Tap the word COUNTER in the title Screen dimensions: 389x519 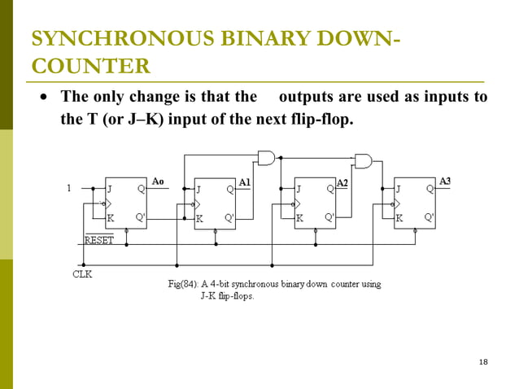point(89,66)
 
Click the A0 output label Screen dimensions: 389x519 point(160,181)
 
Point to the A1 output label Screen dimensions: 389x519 point(244,183)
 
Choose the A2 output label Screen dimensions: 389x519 point(342,182)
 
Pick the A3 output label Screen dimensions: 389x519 point(445,181)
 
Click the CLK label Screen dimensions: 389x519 point(83,274)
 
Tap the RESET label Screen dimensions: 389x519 point(100,241)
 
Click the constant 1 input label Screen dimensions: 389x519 point(69,188)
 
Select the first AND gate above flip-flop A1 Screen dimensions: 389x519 point(266,156)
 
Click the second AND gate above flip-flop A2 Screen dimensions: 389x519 point(363,160)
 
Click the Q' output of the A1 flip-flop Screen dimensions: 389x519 point(229,218)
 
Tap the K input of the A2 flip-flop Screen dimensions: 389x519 point(299,218)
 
